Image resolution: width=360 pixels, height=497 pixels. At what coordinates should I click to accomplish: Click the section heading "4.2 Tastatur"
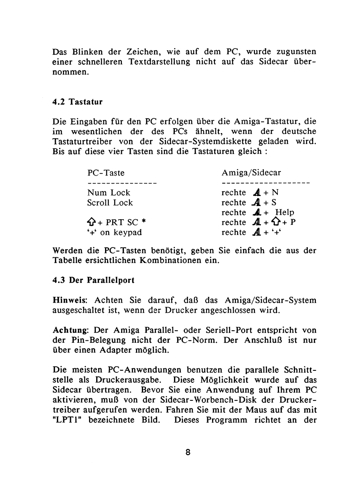coord(78,102)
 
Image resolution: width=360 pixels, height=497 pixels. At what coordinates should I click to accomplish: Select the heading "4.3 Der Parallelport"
coord(93,281)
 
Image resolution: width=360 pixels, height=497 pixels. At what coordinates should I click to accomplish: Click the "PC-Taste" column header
coord(106,173)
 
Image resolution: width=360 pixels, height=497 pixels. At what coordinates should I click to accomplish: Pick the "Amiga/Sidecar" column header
coord(251,173)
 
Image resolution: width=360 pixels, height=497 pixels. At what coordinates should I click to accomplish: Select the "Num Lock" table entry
coord(109,193)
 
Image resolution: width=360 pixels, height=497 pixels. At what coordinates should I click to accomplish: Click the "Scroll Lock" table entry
coord(110,203)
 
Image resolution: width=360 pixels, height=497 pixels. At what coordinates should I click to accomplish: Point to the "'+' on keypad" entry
coord(114,232)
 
